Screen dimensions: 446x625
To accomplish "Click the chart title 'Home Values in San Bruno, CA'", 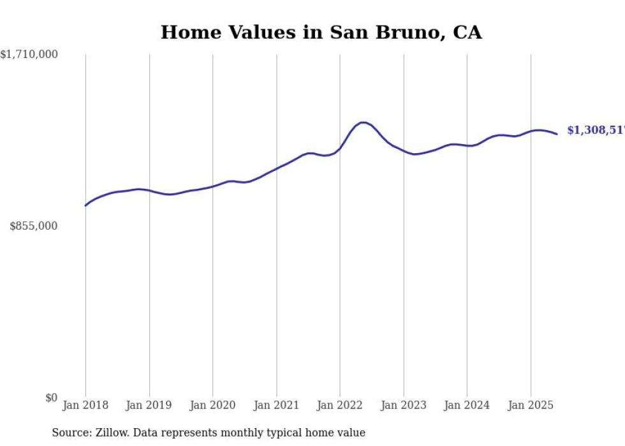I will click(321, 32).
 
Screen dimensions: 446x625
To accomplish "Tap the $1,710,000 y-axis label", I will click(29, 55).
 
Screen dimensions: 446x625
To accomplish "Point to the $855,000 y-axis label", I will click(34, 226).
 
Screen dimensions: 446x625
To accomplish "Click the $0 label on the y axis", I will click(51, 398).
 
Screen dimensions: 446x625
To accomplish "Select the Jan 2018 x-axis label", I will click(85, 405).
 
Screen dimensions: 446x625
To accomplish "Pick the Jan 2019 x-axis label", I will click(149, 405).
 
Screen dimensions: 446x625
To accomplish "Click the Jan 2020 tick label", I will click(212, 405).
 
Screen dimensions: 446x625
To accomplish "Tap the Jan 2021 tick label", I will click(276, 405).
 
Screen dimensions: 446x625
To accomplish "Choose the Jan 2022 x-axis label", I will click(340, 405).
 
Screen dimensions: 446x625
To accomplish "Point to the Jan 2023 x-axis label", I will click(403, 405).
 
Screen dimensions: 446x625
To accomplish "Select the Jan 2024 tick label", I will click(467, 405).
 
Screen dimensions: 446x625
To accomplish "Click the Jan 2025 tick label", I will click(531, 405).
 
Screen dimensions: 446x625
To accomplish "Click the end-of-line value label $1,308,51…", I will click(595, 130).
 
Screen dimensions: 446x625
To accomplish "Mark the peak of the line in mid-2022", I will click(362, 123).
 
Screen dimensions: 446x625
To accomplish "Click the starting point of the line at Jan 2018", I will click(85, 205).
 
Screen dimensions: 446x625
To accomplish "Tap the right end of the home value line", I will click(557, 134).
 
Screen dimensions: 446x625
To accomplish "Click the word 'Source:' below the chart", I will click(71, 433).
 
